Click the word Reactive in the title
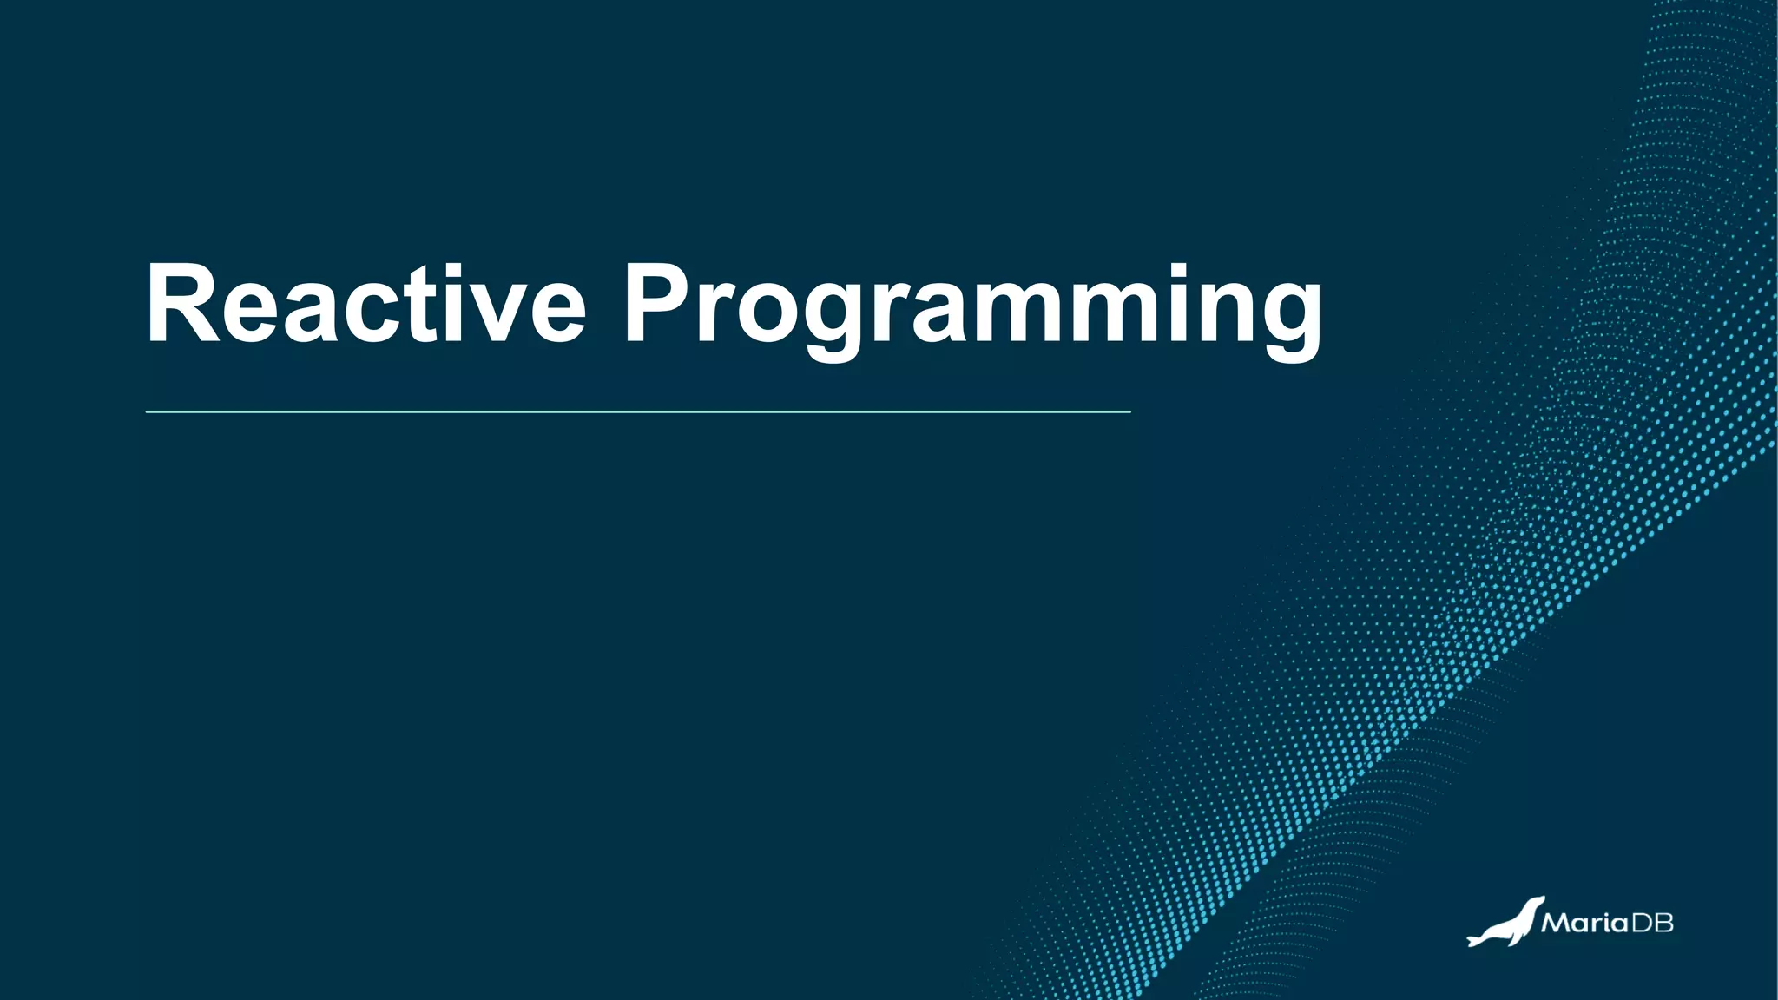[365, 303]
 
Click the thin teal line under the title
[638, 411]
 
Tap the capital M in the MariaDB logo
[1556, 922]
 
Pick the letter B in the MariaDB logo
[1663, 922]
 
